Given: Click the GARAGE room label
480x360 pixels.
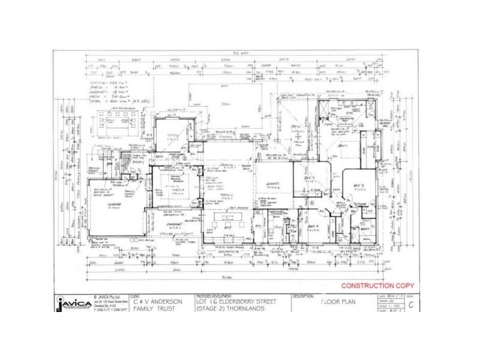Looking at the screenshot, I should point(115,205).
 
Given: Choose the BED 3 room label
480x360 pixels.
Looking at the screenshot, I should point(359,186).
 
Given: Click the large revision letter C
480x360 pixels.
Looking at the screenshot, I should point(410,305).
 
